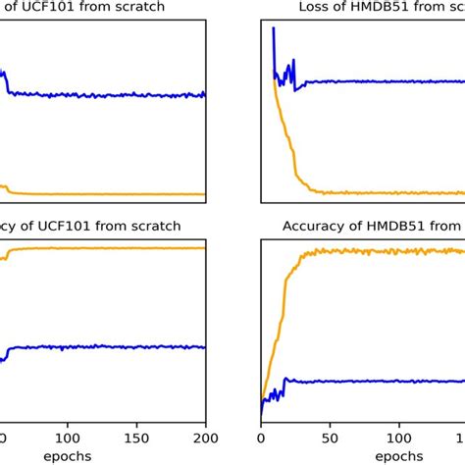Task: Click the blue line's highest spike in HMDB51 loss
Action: coord(273,29)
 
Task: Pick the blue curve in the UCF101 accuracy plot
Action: coord(98,346)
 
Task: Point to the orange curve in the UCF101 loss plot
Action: coord(98,194)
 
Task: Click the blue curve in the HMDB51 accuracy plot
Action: coord(373,381)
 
